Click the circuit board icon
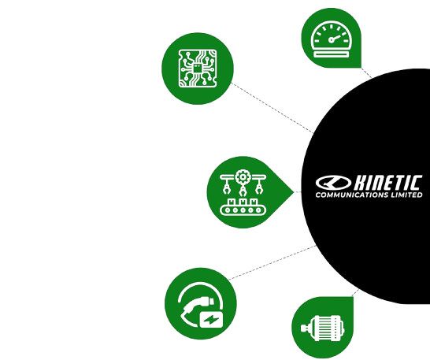[198, 69]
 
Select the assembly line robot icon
[243, 192]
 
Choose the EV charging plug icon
[201, 305]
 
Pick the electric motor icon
[322, 328]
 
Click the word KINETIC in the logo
[387, 183]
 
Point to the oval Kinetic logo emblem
[333, 183]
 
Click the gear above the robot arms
[243, 177]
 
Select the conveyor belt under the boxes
[243, 210]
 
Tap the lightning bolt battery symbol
[211, 319]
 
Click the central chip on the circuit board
[197, 68]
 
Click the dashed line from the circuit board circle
[272, 108]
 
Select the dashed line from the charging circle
[272, 262]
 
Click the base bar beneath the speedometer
[331, 54]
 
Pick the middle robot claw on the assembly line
[243, 191]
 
